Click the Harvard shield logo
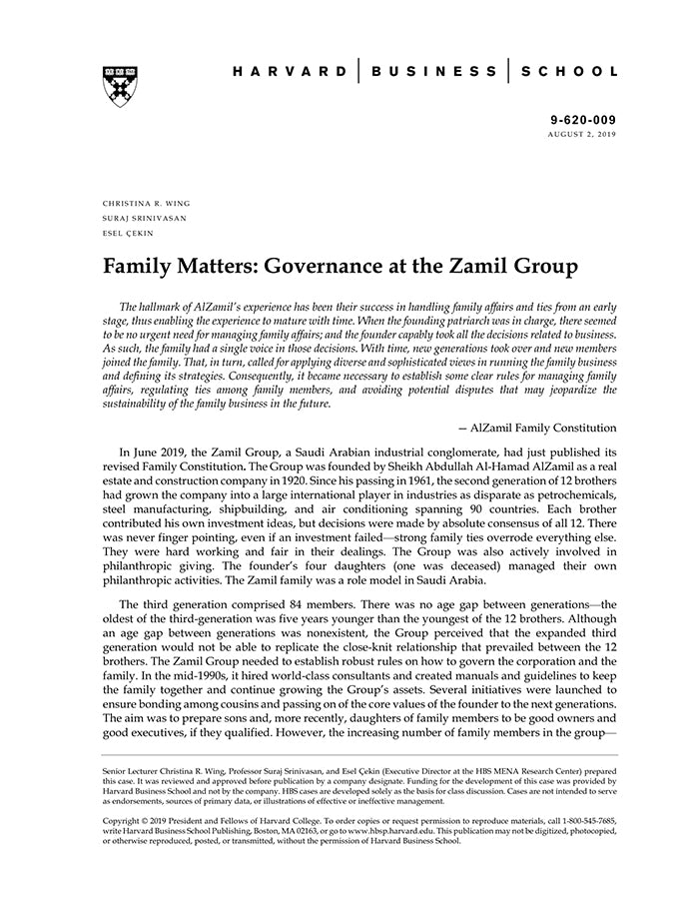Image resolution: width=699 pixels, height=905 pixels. tap(120, 86)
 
